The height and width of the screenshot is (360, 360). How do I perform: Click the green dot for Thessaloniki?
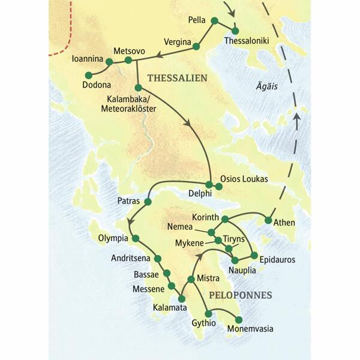point(235,30)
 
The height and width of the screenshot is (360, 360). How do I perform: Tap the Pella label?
point(196,20)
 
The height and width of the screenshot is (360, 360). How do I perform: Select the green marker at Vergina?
point(196,46)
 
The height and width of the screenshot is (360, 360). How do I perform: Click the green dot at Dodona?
point(88,75)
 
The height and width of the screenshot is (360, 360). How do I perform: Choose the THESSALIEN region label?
point(177,77)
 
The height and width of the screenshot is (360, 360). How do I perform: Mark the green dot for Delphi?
point(209,184)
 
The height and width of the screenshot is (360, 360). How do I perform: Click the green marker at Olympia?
point(136,238)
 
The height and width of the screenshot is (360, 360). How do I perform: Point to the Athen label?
point(284,223)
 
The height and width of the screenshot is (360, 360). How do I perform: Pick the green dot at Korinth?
point(225,219)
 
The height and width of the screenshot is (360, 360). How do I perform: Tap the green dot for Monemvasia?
point(238,319)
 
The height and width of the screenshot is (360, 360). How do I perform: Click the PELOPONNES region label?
point(240,295)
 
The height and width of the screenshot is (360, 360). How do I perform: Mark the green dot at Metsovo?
point(128,60)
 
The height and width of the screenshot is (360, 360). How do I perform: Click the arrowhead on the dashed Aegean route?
point(295,121)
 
